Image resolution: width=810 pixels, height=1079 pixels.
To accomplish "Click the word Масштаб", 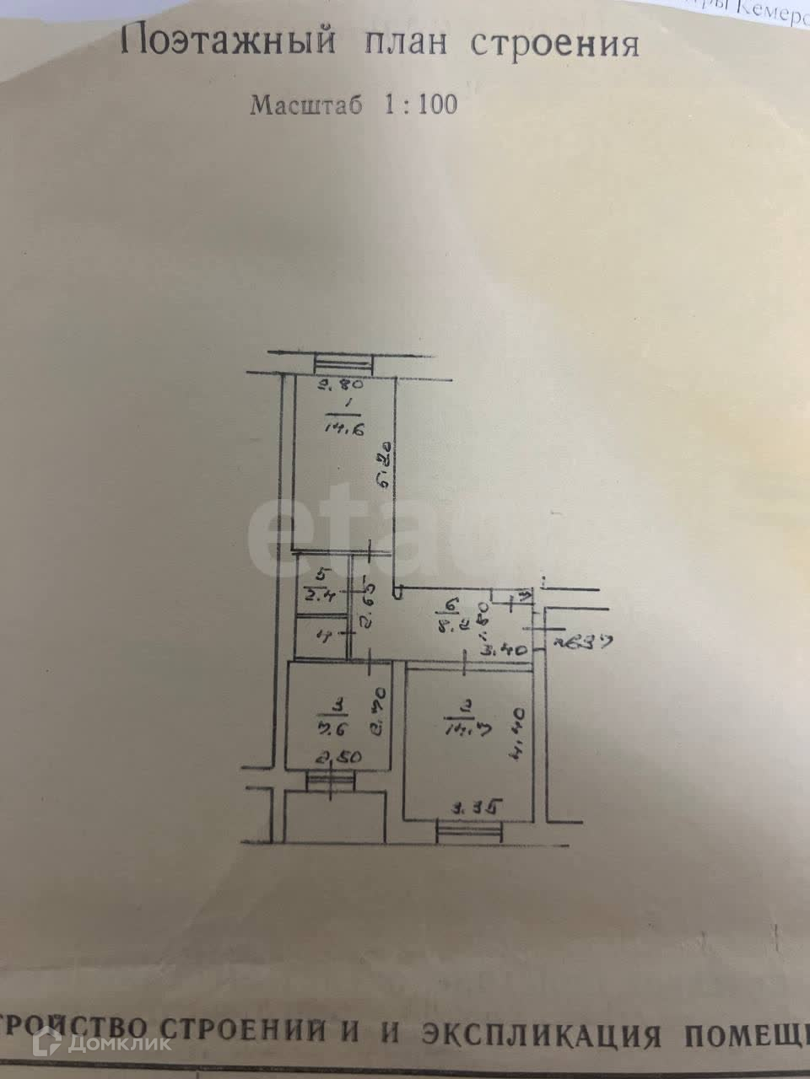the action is (x=307, y=105).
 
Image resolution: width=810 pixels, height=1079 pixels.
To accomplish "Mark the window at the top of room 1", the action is (x=343, y=364).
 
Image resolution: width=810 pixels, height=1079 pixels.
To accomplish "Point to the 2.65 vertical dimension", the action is (x=367, y=600).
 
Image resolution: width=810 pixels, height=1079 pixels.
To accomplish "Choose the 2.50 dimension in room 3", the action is (x=338, y=757).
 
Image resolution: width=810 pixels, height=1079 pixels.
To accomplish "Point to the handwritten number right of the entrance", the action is (x=572, y=642).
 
